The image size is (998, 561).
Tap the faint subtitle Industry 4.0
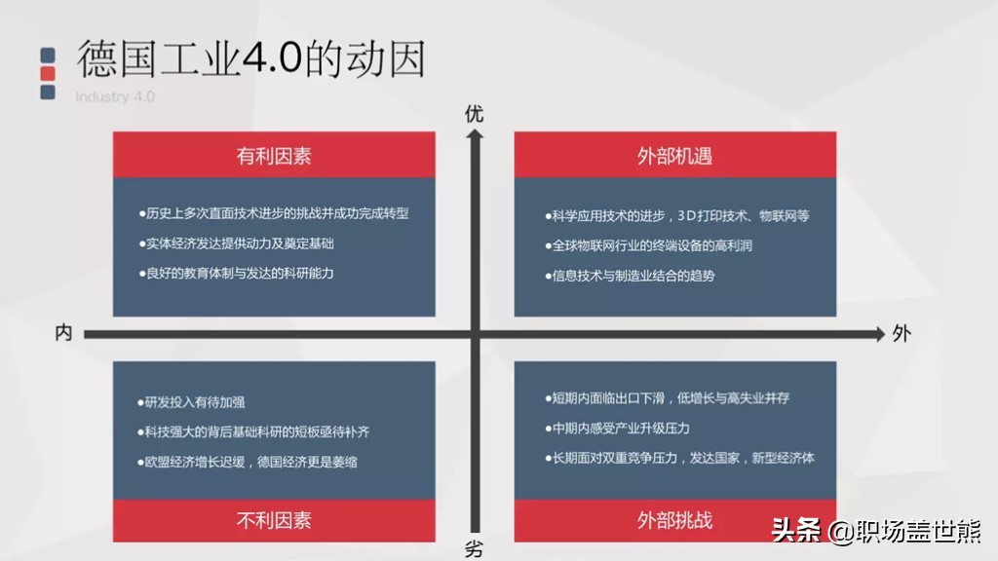coord(115,96)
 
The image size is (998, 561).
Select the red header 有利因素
coord(274,155)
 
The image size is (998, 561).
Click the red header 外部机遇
coord(674,155)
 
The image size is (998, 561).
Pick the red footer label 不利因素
coord(274,519)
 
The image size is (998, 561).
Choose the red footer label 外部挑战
coord(674,519)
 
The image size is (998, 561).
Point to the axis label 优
coord(474,114)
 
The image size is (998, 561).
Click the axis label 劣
coord(474,549)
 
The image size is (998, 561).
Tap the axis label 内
coord(63,333)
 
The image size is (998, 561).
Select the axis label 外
coord(901,333)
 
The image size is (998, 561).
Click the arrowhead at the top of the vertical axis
coord(475,135)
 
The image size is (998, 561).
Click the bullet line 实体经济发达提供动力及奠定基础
coord(241,243)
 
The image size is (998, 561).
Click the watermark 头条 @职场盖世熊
coord(876,531)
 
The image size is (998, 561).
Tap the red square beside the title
coord(48,74)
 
